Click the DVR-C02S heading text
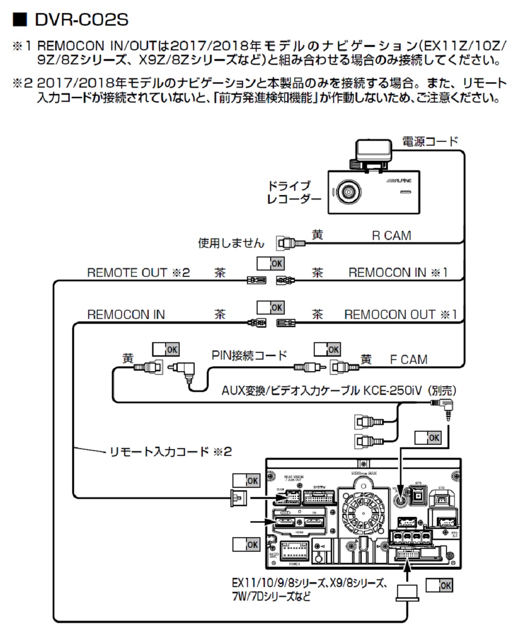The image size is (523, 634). tap(82, 20)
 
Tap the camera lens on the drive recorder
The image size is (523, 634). tap(347, 192)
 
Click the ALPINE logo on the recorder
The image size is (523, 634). tap(400, 180)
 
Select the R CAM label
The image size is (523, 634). tap(391, 236)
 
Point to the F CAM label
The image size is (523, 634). tap(409, 360)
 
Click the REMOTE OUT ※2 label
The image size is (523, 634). tap(138, 273)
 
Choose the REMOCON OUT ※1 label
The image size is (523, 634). tap(400, 315)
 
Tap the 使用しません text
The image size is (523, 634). tap(231, 242)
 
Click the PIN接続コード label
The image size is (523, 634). tap(249, 356)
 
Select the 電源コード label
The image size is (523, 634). tap(430, 141)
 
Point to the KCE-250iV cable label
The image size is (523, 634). tap(339, 390)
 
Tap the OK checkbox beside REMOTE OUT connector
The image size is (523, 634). tap(270, 263)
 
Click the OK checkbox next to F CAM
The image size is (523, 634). tap(327, 349)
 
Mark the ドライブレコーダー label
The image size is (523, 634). tap(293, 192)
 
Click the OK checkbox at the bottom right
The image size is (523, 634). tap(439, 585)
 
